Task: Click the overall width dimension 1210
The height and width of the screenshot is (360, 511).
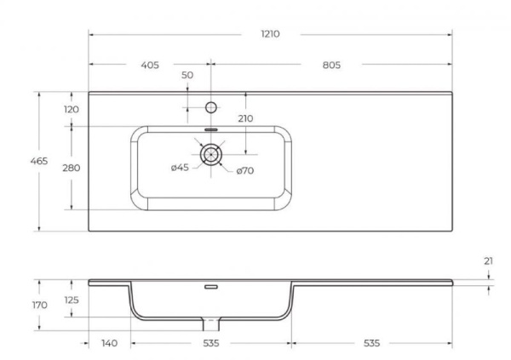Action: coord(269,34)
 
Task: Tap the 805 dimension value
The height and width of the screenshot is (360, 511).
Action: coord(333,66)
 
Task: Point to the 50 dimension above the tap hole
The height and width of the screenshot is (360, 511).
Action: coord(187,77)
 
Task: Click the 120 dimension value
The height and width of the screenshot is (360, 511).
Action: coord(71,110)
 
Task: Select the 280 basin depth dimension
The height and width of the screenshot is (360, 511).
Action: coord(72,168)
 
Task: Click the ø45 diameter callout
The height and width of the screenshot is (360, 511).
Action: coord(180,168)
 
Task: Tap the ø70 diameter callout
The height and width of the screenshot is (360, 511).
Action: coord(245,171)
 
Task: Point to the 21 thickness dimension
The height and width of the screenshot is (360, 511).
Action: coord(488,261)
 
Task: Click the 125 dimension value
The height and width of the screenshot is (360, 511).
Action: coord(72,300)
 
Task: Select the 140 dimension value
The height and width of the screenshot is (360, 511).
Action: coord(108,343)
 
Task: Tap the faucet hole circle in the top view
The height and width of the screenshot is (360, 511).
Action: coord(211,107)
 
